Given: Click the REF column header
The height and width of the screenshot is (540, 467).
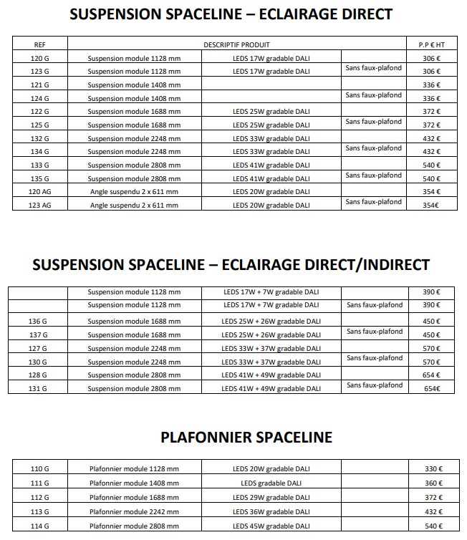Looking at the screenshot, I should [39, 44].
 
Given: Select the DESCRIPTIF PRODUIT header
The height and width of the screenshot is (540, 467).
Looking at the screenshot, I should [236, 44].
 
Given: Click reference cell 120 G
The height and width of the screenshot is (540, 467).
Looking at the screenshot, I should [39, 58].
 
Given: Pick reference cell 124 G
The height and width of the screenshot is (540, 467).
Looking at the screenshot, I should [39, 98].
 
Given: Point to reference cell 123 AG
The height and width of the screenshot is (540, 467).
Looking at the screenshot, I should [39, 205].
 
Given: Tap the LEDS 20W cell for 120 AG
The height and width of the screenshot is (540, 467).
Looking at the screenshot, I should [271, 192].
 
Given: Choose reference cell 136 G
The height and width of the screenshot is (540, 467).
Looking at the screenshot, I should [39, 321].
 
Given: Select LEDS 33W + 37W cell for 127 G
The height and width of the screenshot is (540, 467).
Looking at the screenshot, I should [271, 348].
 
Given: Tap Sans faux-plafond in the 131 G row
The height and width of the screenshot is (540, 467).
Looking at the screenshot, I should [374, 385].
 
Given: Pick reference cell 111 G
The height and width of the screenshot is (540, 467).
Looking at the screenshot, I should [39, 483].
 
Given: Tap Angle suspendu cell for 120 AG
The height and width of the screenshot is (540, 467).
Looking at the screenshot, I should [134, 192].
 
